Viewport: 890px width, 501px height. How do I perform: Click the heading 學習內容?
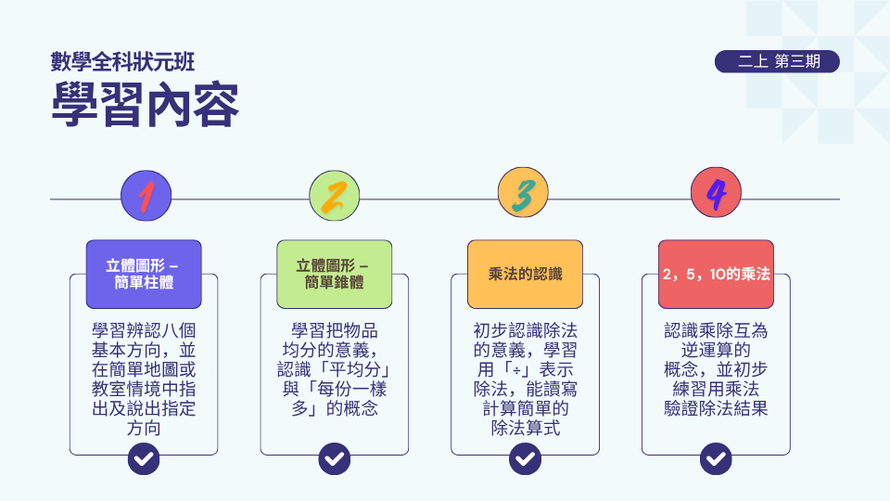[145, 105]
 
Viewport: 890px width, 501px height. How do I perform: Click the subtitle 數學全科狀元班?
[122, 62]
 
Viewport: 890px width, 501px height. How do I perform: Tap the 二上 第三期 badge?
[777, 61]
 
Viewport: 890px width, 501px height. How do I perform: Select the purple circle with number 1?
[146, 196]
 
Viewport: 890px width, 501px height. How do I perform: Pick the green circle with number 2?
[335, 196]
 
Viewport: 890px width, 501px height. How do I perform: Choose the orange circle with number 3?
[523, 193]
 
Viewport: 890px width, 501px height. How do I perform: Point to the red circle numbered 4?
[716, 193]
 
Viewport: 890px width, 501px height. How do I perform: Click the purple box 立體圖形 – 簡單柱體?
[144, 275]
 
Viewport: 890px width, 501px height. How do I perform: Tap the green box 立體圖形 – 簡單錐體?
[335, 275]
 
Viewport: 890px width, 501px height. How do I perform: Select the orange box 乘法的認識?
[525, 275]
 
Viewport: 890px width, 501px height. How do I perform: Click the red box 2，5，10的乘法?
[716, 275]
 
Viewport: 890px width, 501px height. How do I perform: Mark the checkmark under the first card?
[144, 458]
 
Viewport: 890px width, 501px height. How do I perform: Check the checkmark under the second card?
[335, 458]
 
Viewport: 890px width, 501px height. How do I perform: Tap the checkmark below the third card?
[525, 458]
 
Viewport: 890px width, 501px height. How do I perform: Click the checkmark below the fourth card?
[716, 458]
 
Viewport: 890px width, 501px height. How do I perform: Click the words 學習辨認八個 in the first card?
[144, 330]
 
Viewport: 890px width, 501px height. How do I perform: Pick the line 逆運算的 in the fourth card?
[716, 350]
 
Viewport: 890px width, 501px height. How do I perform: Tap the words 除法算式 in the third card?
[525, 428]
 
